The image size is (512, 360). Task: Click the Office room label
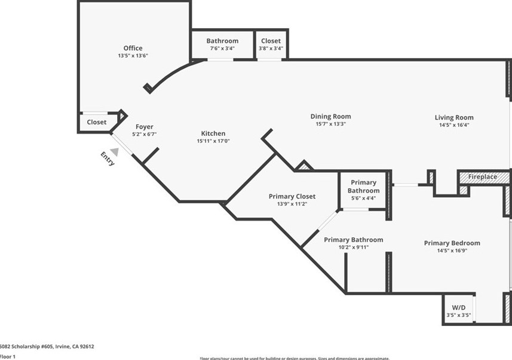(133, 48)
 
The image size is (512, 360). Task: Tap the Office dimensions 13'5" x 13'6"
(133, 56)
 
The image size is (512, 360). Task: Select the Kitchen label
(213, 133)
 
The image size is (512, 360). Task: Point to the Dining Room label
(330, 116)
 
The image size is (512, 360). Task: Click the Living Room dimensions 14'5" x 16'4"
(454, 125)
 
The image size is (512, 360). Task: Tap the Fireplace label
(482, 177)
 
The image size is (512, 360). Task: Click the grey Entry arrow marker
(114, 152)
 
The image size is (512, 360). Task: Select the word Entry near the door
(108, 158)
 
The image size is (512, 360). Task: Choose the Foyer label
(145, 126)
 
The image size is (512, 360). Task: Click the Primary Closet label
(292, 196)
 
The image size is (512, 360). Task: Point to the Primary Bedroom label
(452, 243)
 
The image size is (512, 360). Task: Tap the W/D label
(459, 306)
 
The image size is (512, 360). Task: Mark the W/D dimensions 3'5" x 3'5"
(459, 315)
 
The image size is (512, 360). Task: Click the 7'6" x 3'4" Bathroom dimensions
(222, 48)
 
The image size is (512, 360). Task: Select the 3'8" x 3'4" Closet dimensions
(271, 48)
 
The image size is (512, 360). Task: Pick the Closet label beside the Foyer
(97, 122)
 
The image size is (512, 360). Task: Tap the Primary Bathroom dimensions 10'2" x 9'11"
(353, 247)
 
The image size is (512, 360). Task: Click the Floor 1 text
(8, 356)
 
